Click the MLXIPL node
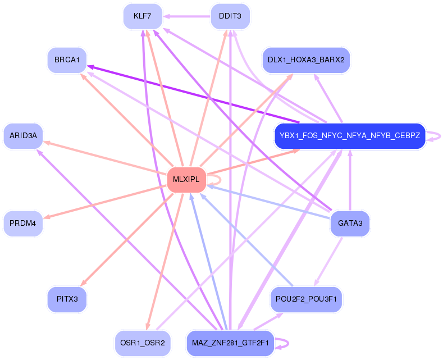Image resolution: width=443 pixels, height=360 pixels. [x=187, y=180]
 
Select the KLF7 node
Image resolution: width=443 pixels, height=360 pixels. [x=143, y=16]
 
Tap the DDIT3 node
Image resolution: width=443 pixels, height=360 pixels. [x=230, y=16]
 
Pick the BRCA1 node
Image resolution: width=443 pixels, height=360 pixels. [x=67, y=60]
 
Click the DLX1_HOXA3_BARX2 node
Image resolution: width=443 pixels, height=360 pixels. [x=306, y=60]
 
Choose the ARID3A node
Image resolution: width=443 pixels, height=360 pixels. [x=23, y=135]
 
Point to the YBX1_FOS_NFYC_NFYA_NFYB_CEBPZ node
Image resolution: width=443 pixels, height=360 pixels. [x=350, y=136]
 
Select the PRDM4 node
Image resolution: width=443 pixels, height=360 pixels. [x=23, y=224]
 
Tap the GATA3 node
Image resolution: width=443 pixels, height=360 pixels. [x=350, y=224]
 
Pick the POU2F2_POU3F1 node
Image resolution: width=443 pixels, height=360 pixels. [x=306, y=299]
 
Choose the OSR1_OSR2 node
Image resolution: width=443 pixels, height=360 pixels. [x=143, y=343]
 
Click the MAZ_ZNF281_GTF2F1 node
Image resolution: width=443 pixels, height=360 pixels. [x=230, y=343]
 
